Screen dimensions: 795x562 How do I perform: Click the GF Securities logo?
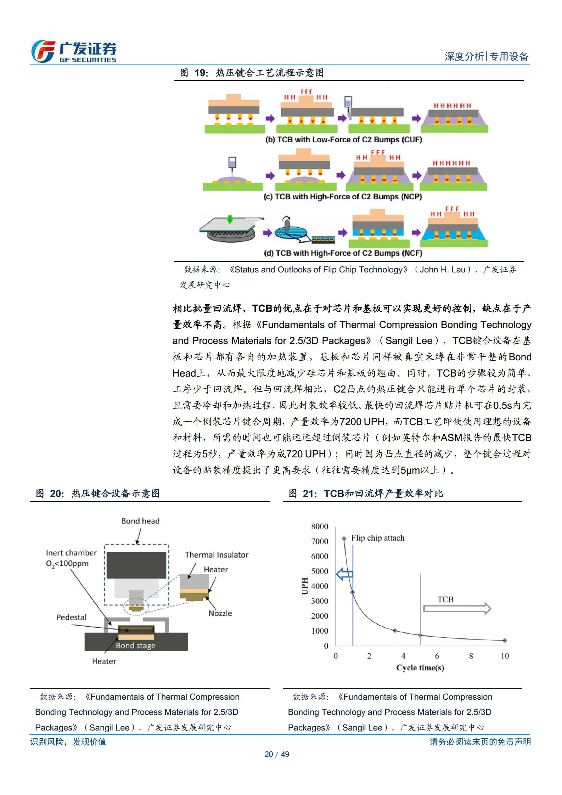(74, 51)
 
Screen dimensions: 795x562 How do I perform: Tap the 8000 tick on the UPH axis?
(320, 526)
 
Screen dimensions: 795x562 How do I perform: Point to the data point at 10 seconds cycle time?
(505, 640)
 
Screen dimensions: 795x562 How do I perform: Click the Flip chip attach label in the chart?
(377, 538)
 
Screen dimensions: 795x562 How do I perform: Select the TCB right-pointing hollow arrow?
(457, 608)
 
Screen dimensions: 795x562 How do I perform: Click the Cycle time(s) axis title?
(420, 667)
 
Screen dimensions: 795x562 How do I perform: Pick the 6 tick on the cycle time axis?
(437, 656)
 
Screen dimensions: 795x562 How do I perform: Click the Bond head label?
(140, 521)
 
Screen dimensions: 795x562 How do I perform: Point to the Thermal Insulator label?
(217, 555)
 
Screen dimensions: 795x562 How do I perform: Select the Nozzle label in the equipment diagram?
(220, 613)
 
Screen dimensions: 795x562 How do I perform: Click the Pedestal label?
(71, 617)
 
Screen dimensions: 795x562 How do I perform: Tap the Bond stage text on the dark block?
(135, 645)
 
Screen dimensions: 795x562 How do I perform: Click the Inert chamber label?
(71, 553)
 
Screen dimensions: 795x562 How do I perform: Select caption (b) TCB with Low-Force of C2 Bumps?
(343, 140)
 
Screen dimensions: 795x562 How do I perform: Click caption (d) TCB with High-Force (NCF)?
(343, 253)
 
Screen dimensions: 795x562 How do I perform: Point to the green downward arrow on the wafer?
(230, 219)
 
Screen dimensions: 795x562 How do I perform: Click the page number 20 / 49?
(277, 754)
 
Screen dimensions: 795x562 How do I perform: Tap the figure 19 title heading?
(252, 73)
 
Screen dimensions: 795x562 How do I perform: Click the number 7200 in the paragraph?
(350, 422)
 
